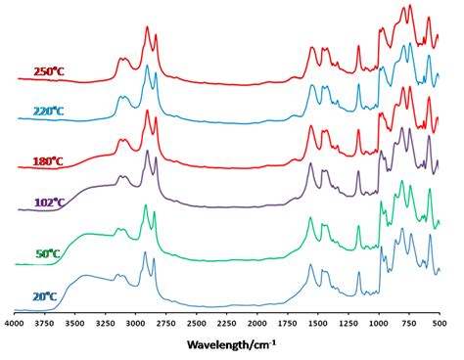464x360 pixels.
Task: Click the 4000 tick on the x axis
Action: [14, 321]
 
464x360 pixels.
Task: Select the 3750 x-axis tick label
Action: [44, 321]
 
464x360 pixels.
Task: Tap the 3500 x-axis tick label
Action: [74, 321]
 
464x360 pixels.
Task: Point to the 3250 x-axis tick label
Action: [105, 321]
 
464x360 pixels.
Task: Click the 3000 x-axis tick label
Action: [135, 321]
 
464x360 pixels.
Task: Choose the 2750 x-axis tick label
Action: [165, 321]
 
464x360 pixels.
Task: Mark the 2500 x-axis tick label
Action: [196, 321]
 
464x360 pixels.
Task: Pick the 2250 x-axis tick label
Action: [226, 321]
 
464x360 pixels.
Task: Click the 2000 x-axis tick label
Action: [256, 321]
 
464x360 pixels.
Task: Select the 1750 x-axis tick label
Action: [287, 321]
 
